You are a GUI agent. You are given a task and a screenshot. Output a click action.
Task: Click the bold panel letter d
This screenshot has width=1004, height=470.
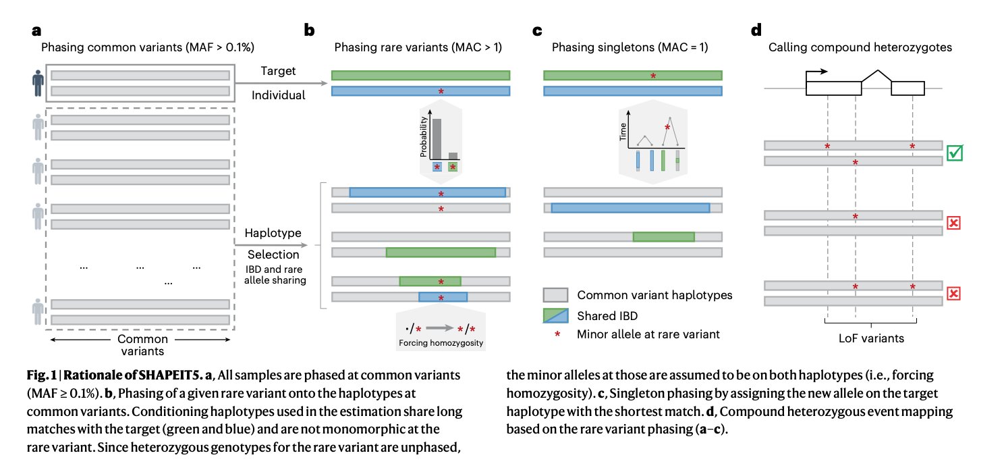pyautogui.click(x=756, y=30)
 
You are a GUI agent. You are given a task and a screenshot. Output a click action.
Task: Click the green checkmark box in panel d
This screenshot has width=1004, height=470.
pyautogui.click(x=954, y=153)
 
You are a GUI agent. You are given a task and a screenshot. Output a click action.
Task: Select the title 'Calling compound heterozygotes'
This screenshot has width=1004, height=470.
pyautogui.click(x=852, y=48)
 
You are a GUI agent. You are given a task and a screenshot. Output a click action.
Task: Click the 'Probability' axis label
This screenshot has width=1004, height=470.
pyautogui.click(x=424, y=136)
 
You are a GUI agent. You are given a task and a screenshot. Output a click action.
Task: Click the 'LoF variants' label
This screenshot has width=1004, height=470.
pyautogui.click(x=870, y=338)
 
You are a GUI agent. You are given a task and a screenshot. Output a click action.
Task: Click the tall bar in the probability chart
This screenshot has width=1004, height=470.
pyautogui.click(x=437, y=138)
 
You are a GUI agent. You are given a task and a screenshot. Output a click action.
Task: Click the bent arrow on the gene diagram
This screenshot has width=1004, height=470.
pyautogui.click(x=818, y=72)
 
